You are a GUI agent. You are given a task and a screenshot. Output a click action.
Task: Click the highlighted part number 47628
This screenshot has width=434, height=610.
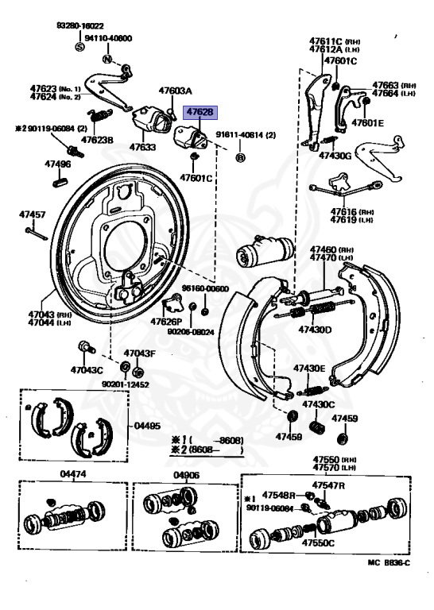tap(200, 114)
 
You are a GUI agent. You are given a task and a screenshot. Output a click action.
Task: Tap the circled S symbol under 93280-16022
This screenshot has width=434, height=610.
tap(79, 47)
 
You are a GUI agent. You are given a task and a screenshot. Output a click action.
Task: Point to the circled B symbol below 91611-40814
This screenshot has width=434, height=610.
tap(239, 158)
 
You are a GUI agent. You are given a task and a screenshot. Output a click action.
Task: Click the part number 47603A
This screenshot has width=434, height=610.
tap(175, 91)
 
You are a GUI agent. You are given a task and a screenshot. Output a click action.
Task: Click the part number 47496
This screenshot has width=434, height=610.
tap(57, 164)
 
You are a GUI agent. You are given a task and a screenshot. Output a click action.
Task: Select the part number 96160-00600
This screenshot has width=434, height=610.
tap(204, 288)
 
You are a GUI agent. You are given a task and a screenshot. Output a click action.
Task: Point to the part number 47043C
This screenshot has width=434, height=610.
tap(86, 369)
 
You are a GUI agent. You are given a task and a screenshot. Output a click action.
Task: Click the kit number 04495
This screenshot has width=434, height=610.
tap(147, 426)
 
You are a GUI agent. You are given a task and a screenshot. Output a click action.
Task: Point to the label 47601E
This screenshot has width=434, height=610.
tap(368, 123)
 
